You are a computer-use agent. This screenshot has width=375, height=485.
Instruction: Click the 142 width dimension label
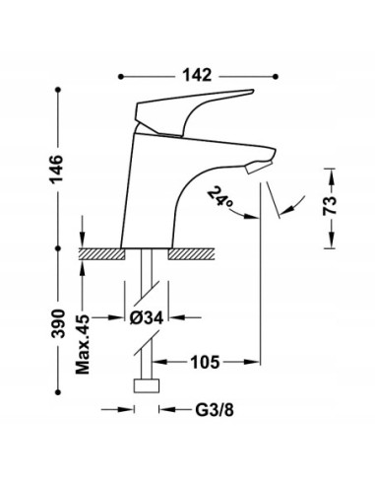[x=197, y=75]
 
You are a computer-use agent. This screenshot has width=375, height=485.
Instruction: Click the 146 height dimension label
[x=56, y=169]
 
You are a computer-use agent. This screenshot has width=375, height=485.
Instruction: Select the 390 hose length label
[x=58, y=323]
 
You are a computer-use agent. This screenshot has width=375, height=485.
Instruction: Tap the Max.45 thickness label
[x=83, y=344]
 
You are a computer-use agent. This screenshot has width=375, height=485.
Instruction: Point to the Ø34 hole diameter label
[x=147, y=317]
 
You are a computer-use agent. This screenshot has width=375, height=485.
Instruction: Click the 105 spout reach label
[x=205, y=363]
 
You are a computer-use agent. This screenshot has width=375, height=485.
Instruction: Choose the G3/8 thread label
[x=215, y=410]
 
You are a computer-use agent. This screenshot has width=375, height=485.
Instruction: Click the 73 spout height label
[x=330, y=205]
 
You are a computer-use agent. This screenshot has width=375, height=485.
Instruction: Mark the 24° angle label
[x=220, y=196]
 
